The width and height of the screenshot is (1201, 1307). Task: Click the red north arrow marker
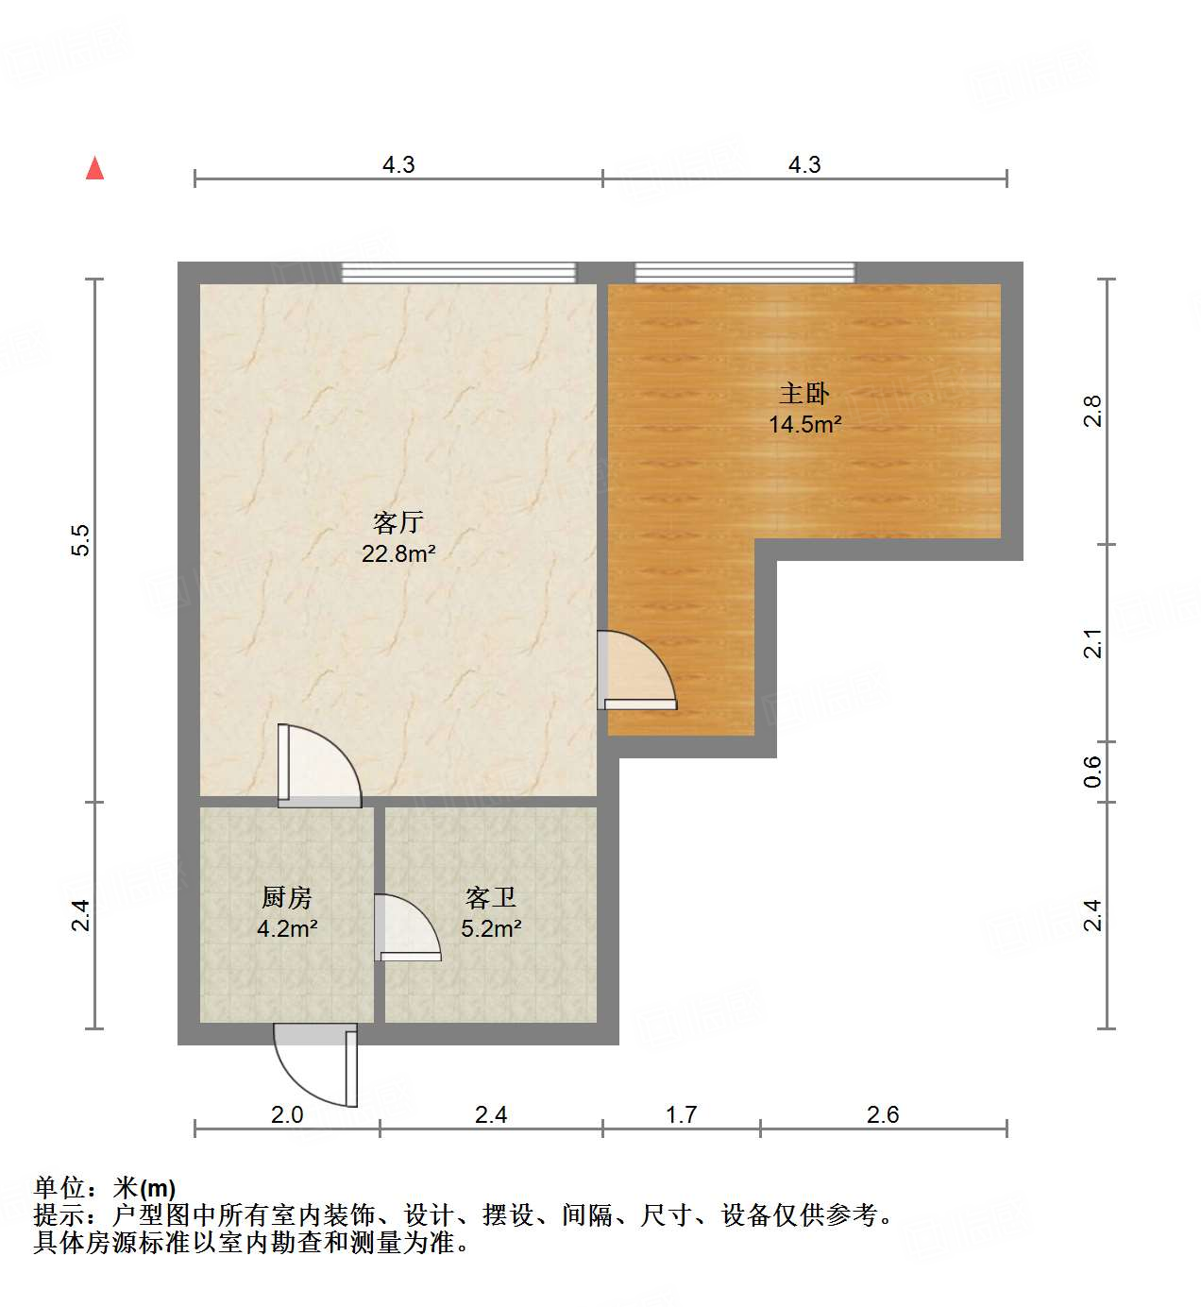click(94, 168)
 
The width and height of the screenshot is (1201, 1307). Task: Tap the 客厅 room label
click(398, 522)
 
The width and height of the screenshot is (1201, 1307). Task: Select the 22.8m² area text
click(398, 554)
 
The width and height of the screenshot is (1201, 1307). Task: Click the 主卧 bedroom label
click(804, 393)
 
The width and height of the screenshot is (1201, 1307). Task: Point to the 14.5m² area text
click(804, 424)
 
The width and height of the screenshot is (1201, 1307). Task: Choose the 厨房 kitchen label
click(286, 897)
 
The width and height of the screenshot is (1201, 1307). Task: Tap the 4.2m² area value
click(286, 928)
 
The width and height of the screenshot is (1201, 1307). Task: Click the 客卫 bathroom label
click(491, 897)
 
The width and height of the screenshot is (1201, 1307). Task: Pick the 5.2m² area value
click(491, 928)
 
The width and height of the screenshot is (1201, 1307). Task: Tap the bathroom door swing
click(407, 928)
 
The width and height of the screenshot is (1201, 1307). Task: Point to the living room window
click(458, 273)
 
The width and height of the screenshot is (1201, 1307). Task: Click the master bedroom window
click(744, 273)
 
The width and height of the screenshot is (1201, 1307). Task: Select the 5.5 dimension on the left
click(81, 539)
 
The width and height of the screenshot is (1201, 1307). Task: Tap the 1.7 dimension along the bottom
click(681, 1115)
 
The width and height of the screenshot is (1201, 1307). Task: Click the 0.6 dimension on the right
click(1092, 772)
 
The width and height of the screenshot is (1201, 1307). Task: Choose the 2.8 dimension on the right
click(1092, 411)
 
